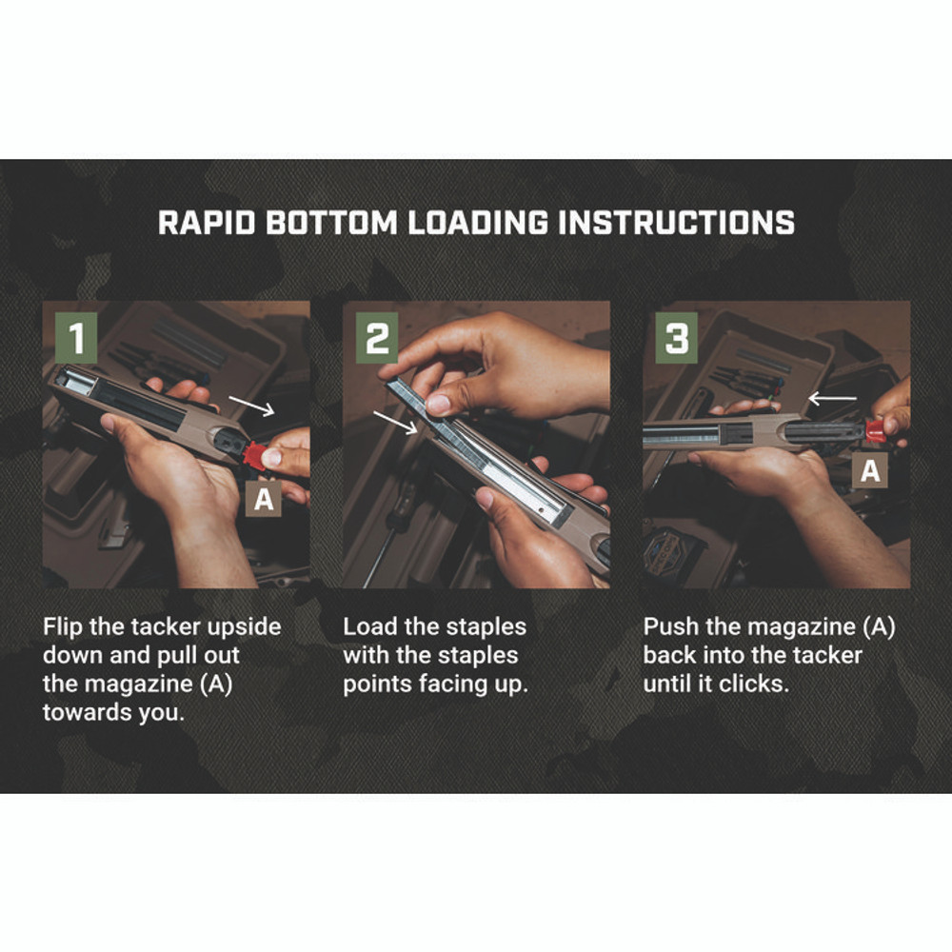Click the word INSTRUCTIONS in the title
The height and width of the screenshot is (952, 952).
pyautogui.click(x=676, y=222)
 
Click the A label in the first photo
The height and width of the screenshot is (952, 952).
pyautogui.click(x=264, y=499)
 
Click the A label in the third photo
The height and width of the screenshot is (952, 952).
pyautogui.click(x=870, y=468)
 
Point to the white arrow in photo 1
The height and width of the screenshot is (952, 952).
pyautogui.click(x=253, y=407)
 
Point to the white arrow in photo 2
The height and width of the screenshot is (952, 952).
pyautogui.click(x=395, y=422)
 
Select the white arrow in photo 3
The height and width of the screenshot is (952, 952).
pyautogui.click(x=831, y=397)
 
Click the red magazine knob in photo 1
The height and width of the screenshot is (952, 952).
pyautogui.click(x=255, y=454)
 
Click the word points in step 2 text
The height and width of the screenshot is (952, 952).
pyautogui.click(x=378, y=684)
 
